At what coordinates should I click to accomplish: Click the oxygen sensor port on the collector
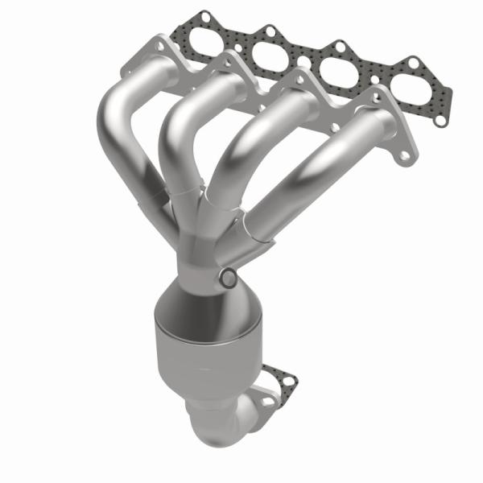[228, 279]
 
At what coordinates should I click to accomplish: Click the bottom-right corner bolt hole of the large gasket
[440, 120]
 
